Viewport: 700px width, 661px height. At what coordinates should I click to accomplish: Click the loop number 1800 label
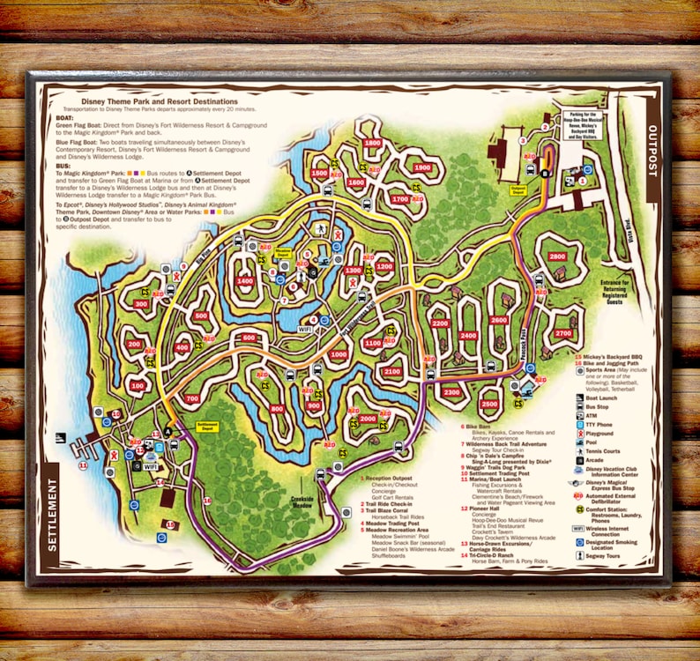point(372,143)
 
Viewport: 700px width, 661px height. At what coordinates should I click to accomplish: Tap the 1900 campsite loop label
point(422,167)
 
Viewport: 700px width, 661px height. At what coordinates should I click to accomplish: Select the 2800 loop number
point(556,256)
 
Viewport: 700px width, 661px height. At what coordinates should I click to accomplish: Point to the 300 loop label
point(141,303)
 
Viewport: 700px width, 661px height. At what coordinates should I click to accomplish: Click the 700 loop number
point(192,399)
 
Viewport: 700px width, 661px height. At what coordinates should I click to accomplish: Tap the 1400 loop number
point(245,280)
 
